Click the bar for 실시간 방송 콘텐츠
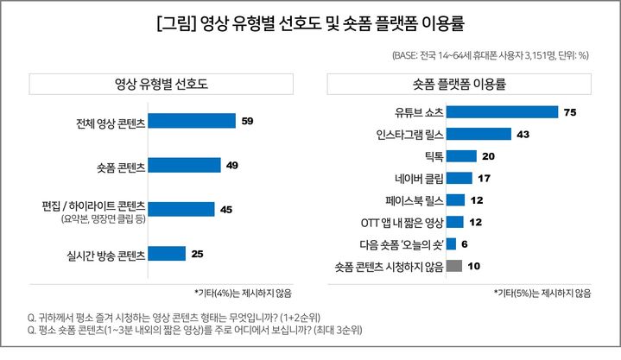click(x=168, y=254)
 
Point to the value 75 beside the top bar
click(x=569, y=112)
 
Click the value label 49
click(x=233, y=165)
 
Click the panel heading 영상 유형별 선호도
click(x=161, y=85)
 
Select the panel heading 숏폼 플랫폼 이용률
click(x=459, y=85)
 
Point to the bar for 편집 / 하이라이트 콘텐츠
click(x=181, y=209)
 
